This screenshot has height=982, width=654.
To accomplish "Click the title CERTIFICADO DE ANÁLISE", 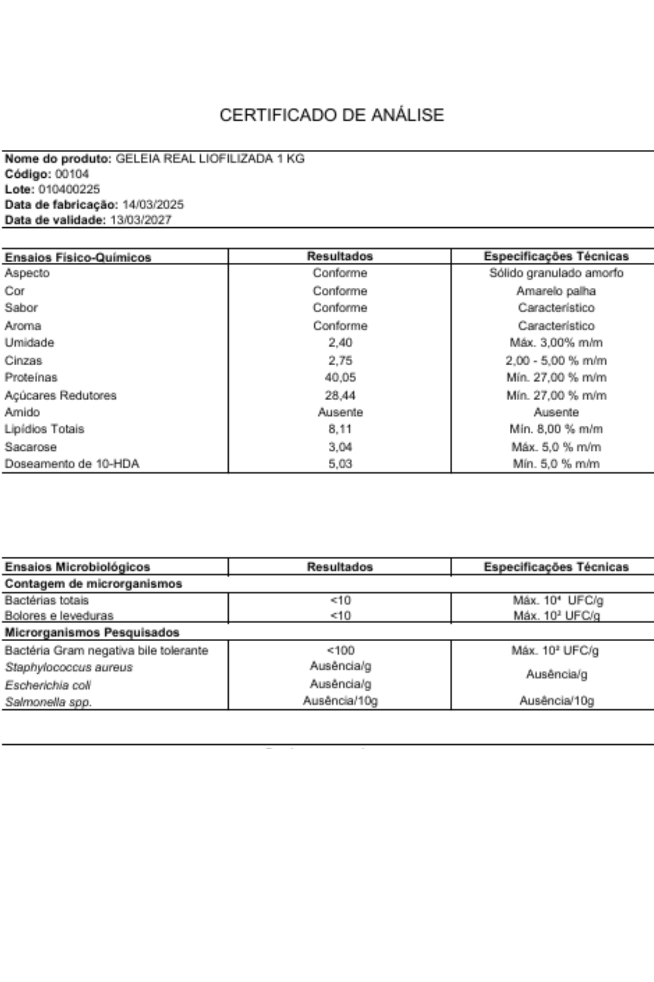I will coord(332,115).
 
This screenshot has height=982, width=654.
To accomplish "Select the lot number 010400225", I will coord(69,189).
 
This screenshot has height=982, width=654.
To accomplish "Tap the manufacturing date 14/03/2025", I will coord(153,204).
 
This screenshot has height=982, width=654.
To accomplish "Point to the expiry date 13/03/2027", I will coord(141,219).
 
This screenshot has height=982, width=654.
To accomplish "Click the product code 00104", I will coord(72,174).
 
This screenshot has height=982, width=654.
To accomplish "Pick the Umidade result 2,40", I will coord(340,342).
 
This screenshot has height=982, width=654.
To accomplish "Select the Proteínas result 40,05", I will coord(340,377).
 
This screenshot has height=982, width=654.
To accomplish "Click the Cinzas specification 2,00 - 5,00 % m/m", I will coord(556,360).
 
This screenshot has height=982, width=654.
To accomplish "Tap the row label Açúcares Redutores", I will coord(60,395).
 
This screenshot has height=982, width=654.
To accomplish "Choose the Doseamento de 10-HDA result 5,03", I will coord(340,464).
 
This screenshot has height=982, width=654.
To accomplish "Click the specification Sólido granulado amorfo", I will coord(556,273).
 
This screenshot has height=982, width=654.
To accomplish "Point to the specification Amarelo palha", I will coord(556,291).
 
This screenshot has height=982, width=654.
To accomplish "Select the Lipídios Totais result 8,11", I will coord(340,429).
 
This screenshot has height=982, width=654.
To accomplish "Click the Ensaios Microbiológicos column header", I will coord(77,567).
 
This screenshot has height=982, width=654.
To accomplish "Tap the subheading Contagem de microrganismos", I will coord(93,583).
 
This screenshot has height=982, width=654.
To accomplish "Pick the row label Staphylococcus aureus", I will coord(69,667).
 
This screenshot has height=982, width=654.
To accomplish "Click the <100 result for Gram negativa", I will coord(340,650).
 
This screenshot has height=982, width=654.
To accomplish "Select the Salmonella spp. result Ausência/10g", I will coord(340,701).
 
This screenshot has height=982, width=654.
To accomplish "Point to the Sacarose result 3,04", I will coord(340,447).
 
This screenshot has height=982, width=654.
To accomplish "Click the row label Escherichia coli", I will coord(48,685).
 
